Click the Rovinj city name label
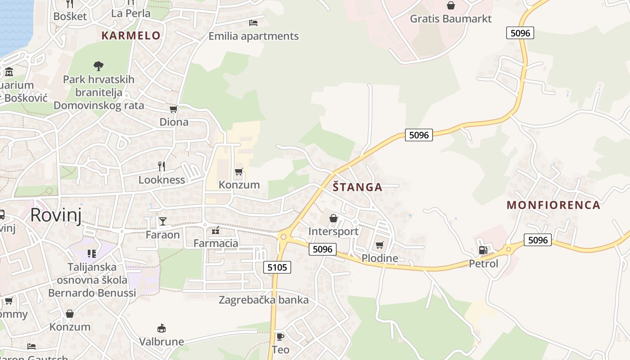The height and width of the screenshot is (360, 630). (56, 216)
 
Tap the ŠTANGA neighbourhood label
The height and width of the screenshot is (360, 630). (357, 187)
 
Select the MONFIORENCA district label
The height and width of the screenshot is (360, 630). (553, 205)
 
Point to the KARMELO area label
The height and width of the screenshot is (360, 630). (131, 36)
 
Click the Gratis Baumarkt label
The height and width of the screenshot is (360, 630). (450, 18)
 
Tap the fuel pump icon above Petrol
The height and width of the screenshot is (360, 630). (483, 250)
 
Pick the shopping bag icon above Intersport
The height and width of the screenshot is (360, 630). (333, 218)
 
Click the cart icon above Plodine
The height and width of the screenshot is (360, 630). (380, 245)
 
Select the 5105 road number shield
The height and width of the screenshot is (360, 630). (277, 267)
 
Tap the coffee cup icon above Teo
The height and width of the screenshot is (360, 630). (280, 337)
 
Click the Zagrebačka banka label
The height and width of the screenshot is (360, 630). (264, 300)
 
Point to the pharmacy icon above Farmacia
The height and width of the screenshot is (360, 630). (216, 230)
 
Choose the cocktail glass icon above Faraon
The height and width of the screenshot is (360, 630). (162, 221)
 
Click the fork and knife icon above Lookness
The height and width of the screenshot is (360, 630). (162, 166)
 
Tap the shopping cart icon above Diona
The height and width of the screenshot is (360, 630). (174, 109)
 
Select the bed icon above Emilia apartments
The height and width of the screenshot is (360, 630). (253, 22)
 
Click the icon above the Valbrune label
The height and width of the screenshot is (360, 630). (161, 328)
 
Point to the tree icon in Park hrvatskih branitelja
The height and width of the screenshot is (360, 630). (99, 66)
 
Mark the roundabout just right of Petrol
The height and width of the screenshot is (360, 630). (508, 249)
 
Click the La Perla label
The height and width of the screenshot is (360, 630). (130, 13)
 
